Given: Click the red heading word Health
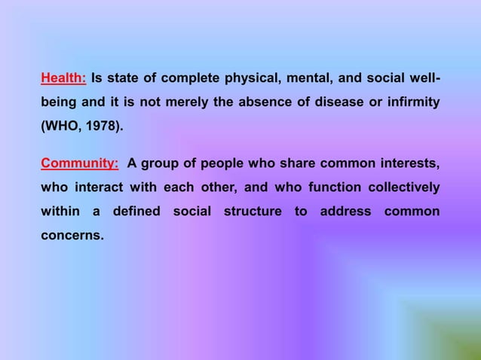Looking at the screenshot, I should pyautogui.click(x=63, y=78).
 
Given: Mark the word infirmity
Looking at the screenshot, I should pyautogui.click(x=411, y=102).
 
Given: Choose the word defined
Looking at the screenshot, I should pyautogui.click(x=136, y=212).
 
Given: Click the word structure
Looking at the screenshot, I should pyautogui.click(x=252, y=212).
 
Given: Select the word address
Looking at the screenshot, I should pyautogui.click(x=345, y=212).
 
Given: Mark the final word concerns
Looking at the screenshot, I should pyautogui.click(x=72, y=236).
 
